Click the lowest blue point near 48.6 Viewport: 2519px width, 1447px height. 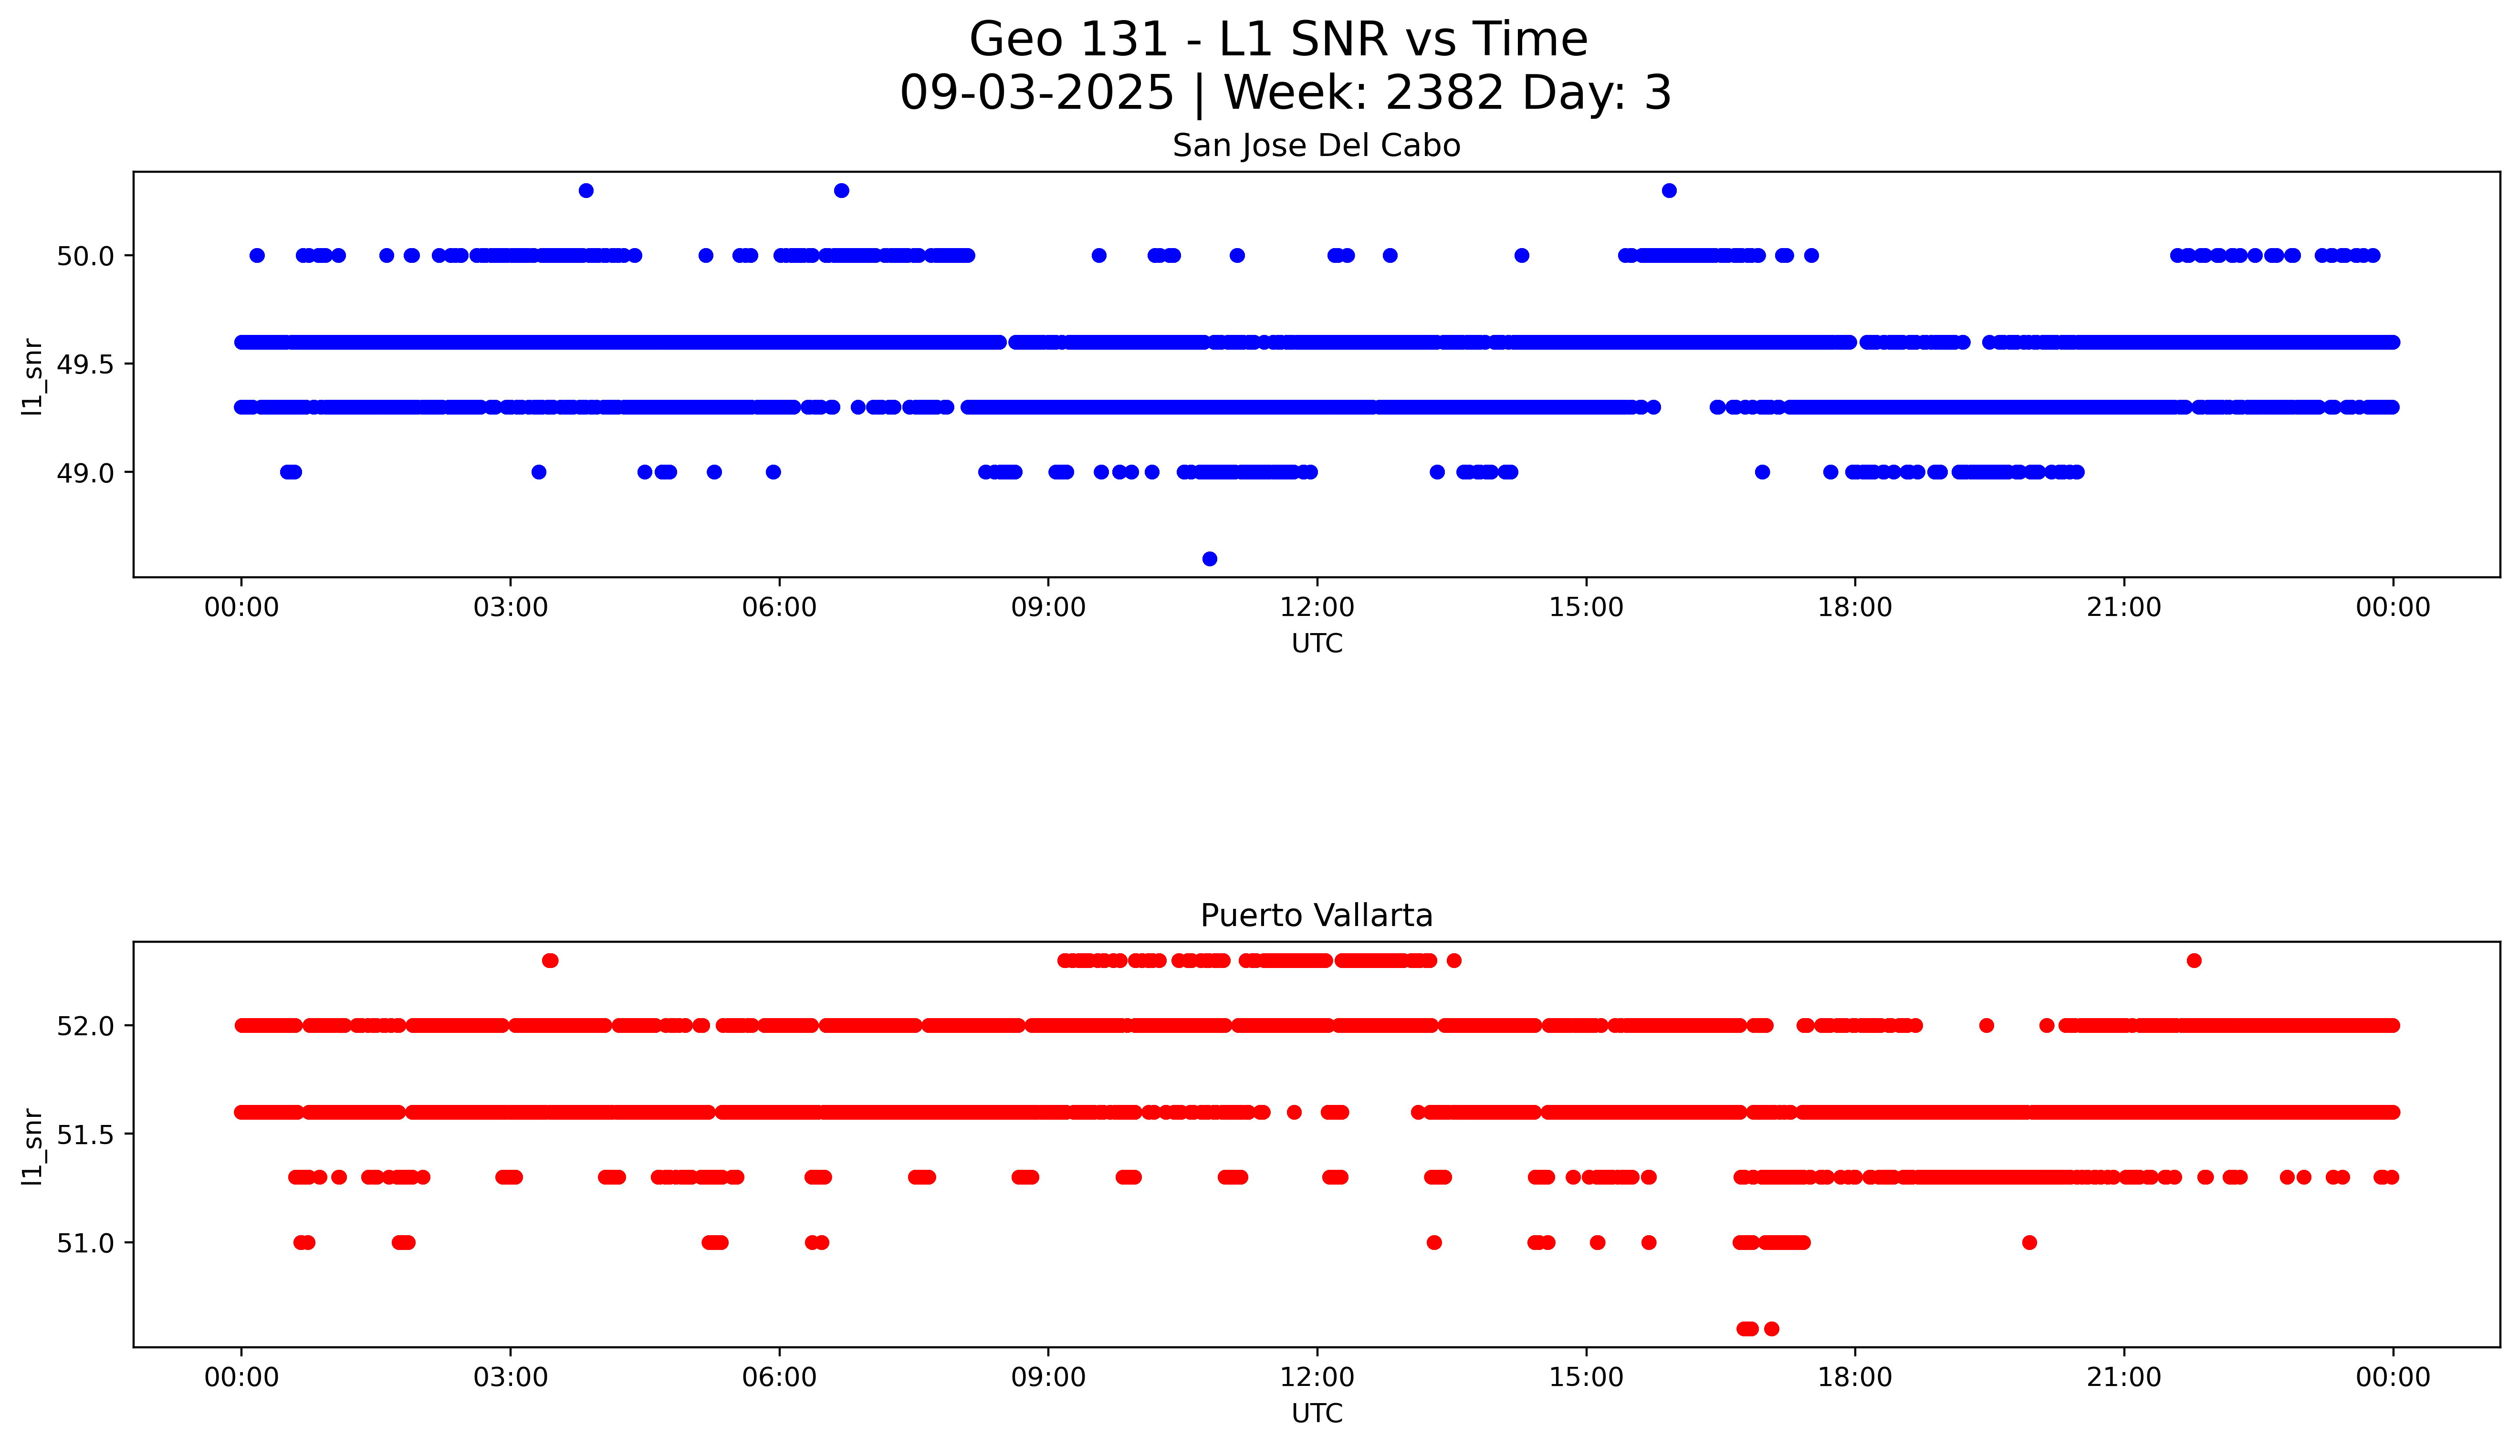point(1209,559)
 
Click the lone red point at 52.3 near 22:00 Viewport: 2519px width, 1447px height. point(2194,960)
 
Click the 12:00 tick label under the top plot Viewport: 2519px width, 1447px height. point(1317,607)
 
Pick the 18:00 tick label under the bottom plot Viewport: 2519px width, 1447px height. point(1854,1377)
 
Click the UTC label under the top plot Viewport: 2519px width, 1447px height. point(1317,644)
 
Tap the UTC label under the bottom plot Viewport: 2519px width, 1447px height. point(1317,1413)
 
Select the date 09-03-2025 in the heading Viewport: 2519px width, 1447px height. point(1036,94)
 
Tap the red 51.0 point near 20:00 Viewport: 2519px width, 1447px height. point(2029,1242)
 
